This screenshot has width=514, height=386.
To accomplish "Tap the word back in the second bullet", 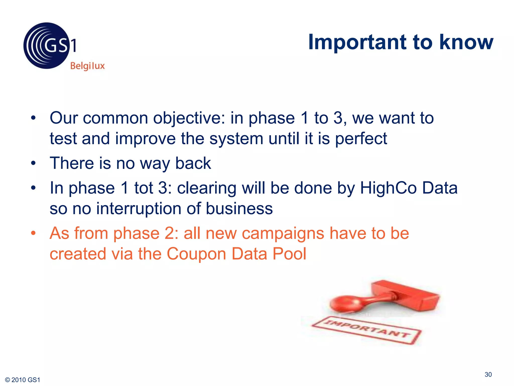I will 193,163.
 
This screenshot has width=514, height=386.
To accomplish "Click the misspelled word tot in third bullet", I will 144,188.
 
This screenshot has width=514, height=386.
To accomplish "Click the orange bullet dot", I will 33,233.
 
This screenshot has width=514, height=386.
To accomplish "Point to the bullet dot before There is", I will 33,163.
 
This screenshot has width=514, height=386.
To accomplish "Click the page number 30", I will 488,374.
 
